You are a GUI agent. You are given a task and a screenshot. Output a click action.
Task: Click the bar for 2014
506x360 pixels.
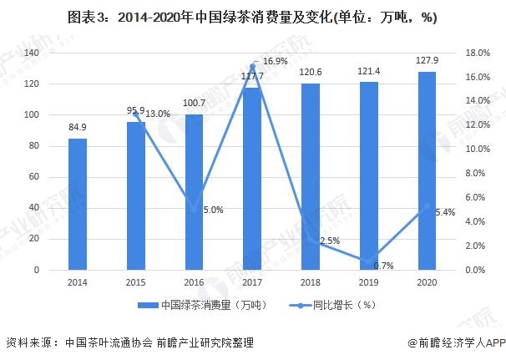point(78,204)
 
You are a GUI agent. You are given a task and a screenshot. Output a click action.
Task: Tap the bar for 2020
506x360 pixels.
point(427,171)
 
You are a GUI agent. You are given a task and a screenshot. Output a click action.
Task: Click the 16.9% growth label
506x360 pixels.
point(276,61)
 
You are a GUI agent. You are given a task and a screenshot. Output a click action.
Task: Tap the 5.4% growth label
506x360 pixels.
point(445,212)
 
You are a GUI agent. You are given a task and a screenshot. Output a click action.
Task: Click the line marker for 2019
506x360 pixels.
point(369,261)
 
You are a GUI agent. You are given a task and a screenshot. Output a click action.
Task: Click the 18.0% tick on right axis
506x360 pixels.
point(477,53)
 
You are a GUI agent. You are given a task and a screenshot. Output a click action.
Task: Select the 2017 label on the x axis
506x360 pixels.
point(252,282)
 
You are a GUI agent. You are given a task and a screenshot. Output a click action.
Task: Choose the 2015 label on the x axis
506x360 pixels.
point(135,282)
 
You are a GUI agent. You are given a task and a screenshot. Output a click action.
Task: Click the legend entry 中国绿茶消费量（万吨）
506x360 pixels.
point(193,305)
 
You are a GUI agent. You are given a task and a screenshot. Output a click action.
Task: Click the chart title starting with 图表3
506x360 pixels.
point(253,17)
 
